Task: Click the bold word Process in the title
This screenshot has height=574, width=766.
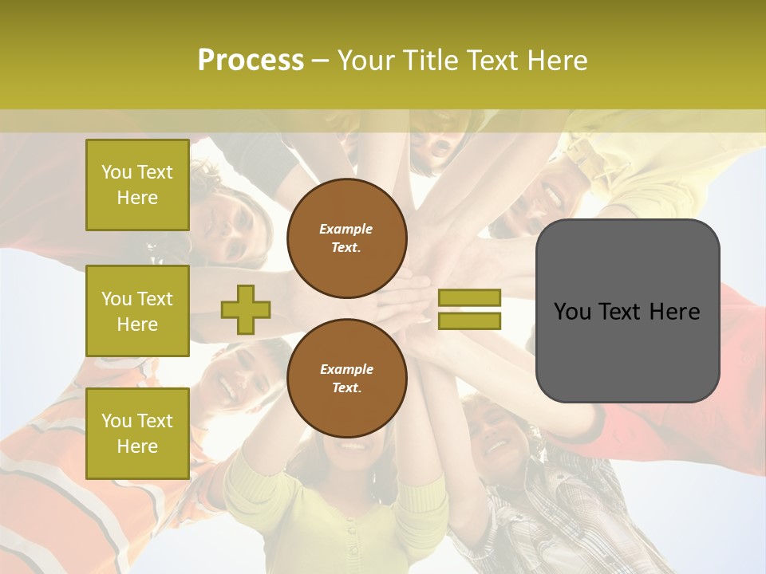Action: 251,61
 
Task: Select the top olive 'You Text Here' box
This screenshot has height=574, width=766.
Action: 137,185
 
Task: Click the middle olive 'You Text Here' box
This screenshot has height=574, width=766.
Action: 137,311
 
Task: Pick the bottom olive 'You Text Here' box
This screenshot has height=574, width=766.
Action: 137,433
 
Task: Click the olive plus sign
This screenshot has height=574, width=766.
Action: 246,309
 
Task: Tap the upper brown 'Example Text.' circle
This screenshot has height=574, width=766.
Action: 346,238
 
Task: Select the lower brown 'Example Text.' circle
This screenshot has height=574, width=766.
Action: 346,379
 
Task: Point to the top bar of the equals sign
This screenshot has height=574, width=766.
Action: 469,298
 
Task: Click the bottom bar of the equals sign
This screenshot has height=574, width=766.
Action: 469,320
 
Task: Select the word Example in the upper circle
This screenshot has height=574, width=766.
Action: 346,230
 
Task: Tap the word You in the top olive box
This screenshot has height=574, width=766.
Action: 116,172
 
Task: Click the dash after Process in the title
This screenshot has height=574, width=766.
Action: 320,61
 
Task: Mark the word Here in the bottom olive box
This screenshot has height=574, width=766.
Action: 137,446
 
